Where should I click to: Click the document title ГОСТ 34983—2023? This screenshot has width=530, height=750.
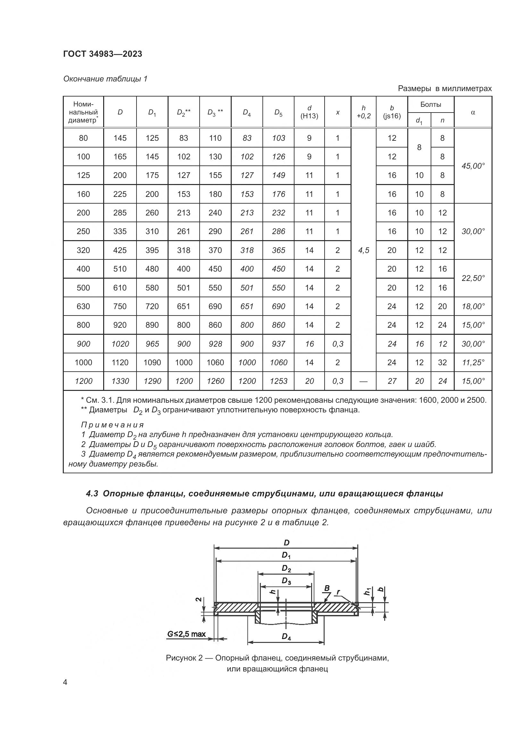tap(103, 54)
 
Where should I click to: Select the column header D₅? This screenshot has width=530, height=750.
tap(278, 112)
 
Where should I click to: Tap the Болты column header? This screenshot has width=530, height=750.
tap(430, 105)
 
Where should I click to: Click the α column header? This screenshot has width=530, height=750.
tap(473, 112)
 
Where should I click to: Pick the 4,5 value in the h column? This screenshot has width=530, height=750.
tap(364, 250)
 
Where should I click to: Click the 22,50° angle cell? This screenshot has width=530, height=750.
tap(473, 278)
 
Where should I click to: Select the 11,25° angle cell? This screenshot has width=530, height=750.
tap(473, 362)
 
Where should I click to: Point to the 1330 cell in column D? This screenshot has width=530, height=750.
tap(120, 381)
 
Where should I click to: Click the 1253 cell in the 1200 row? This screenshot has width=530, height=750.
tap(278, 381)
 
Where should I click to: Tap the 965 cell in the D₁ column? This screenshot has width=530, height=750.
tap(152, 344)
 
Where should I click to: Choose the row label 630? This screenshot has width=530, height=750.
tap(83, 307)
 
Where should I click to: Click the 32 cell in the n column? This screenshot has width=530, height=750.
tap(442, 362)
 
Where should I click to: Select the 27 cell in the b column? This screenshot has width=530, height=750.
tap(392, 381)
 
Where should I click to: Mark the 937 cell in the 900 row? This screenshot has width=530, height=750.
tap(278, 344)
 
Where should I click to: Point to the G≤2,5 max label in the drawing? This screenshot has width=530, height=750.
tap(186, 634)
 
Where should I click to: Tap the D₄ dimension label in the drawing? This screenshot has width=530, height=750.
tap(286, 637)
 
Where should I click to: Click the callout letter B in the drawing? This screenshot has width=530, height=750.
tap(327, 588)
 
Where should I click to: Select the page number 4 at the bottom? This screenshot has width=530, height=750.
tap(65, 682)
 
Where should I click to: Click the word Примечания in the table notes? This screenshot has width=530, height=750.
tap(112, 425)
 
